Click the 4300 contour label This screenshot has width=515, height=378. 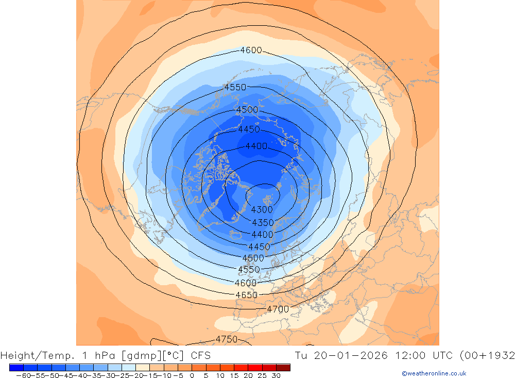click(x=262, y=210)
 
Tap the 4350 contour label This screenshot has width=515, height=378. click(x=263, y=222)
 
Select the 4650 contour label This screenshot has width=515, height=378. click(x=246, y=295)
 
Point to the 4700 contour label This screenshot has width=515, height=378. click(x=278, y=309)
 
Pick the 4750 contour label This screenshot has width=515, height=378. click(x=226, y=339)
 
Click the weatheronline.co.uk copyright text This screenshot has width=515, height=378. click(x=434, y=373)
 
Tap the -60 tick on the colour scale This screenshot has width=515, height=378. click(x=23, y=375)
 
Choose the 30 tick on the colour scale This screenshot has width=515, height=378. click(x=276, y=375)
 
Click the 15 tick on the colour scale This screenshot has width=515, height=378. click(x=234, y=375)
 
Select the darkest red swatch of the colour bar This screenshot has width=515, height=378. click(x=283, y=367)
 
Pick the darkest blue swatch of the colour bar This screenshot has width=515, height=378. click(x=16, y=367)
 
